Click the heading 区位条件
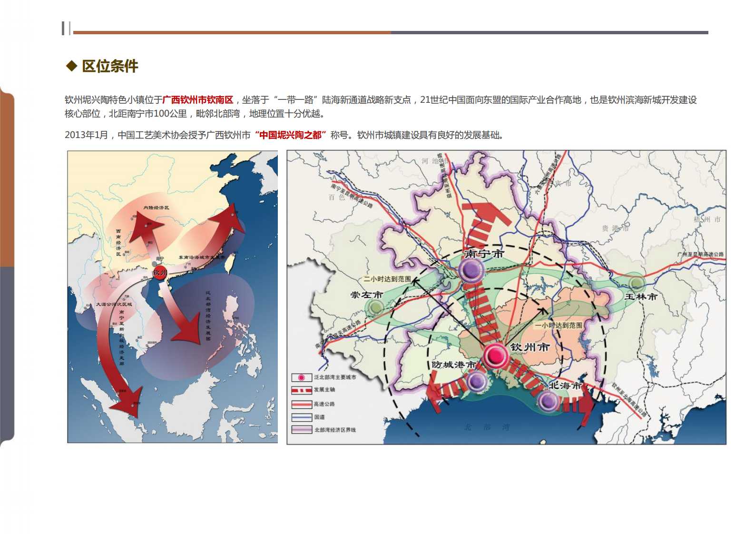110,66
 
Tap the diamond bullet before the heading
71,66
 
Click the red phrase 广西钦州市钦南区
198,100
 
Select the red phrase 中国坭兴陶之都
290,135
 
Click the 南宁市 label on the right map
484,254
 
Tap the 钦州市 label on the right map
529,347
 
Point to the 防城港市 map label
453,365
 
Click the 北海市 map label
565,385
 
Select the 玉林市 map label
640,297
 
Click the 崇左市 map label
366,295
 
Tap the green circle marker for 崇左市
376,307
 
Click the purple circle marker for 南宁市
471,270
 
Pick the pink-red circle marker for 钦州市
495,355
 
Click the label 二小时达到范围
387,279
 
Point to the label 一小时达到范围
559,326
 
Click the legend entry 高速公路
324,404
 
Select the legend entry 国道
319,417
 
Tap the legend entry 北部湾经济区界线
334,430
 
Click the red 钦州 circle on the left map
160,273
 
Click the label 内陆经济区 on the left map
156,208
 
